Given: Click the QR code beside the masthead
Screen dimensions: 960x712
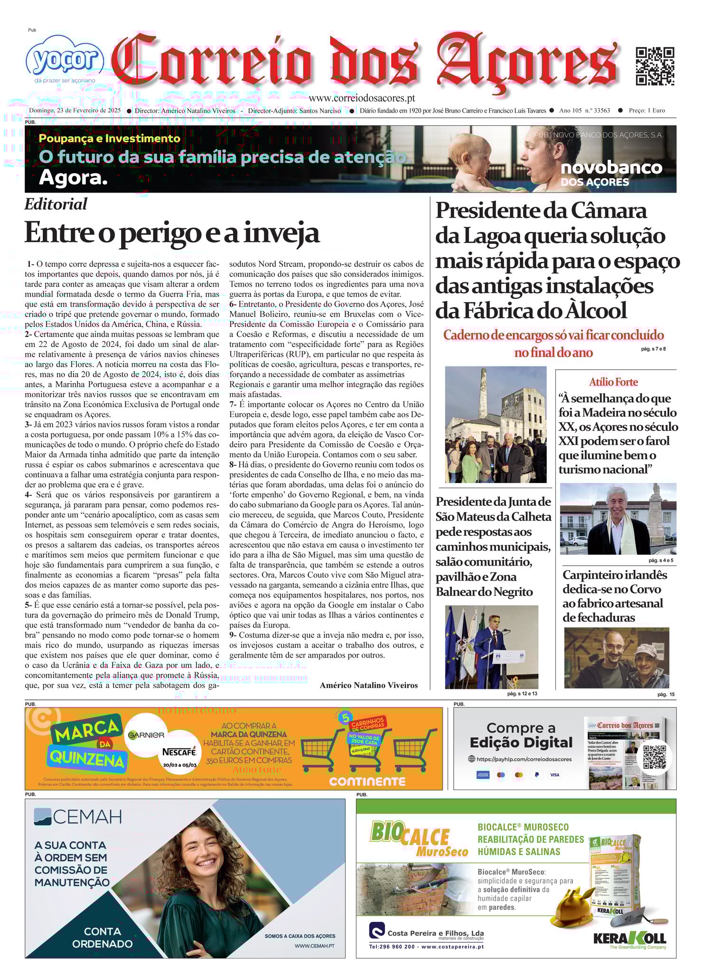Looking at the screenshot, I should tap(655, 66).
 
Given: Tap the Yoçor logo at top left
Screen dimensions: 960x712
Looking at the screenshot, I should tap(65, 60).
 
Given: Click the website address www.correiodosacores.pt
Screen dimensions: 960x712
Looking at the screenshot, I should tap(362, 98).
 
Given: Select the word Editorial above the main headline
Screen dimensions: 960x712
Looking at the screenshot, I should tap(56, 204).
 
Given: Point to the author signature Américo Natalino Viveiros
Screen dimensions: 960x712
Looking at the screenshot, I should tap(368, 685).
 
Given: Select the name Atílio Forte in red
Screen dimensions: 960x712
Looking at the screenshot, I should tap(613, 382).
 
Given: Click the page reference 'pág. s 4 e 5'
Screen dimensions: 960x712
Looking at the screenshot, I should tap(661, 560).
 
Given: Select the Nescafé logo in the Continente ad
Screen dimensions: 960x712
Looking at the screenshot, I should tap(179, 752).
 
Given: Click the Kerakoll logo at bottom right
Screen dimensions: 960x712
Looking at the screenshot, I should tap(629, 938).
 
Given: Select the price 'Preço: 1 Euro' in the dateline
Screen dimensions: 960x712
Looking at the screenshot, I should tap(646, 111).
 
